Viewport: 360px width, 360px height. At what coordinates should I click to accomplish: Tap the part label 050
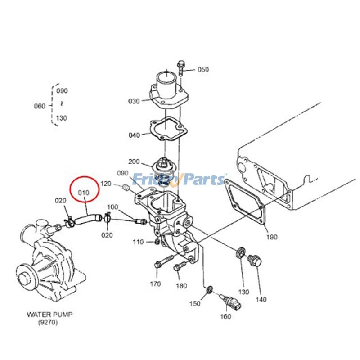203,69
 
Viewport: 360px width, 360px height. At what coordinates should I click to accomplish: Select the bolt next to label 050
181,68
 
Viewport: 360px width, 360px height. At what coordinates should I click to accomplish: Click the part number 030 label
134,101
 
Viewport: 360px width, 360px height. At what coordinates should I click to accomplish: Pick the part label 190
272,237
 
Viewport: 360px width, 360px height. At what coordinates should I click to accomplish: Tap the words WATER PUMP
49,314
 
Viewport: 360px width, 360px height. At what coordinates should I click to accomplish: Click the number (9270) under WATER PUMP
48,322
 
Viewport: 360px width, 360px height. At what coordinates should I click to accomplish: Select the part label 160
225,316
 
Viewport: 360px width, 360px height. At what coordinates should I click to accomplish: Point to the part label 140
261,299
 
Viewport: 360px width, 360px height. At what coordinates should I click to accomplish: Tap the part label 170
155,284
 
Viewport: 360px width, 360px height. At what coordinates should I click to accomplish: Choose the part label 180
181,286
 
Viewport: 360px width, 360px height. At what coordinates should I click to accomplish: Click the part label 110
138,242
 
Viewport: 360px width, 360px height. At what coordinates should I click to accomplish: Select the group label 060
40,106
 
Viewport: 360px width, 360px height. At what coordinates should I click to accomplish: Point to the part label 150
195,303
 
